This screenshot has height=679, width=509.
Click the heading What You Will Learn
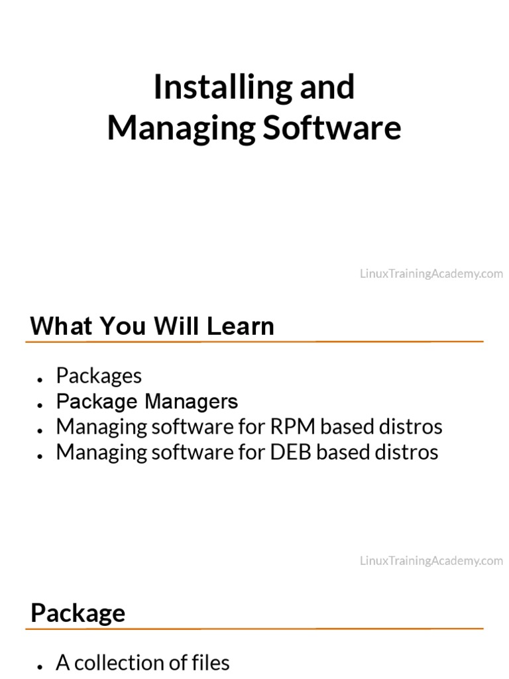pos(152,326)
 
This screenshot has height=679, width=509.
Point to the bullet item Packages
pos(99,376)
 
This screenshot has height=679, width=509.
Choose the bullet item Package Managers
pos(146,402)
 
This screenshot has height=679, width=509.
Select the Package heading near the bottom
pos(78,613)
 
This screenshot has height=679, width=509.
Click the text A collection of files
pos(142,662)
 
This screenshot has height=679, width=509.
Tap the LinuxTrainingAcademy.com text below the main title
pos(431,274)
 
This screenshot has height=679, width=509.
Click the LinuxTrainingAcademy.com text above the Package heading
pos(431,561)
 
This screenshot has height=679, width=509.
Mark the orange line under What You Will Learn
pos(254,341)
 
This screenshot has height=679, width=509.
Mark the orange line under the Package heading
pos(254,628)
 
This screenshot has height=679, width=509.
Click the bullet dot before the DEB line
pos(41,454)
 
